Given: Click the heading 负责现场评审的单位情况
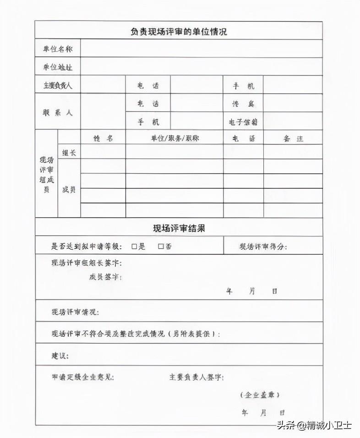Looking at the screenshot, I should [179, 32].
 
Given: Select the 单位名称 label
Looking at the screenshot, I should [57, 49].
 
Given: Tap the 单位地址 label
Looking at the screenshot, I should [57, 67].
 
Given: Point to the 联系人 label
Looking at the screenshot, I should [57, 112].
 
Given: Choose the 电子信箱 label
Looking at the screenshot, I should [243, 122].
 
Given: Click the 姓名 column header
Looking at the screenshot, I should [103, 138].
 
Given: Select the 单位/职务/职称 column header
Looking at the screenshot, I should [175, 138].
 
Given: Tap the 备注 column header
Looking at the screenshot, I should [293, 138].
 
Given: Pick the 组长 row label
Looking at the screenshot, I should [69, 153].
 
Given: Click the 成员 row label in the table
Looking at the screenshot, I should [69, 189].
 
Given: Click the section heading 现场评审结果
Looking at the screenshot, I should [179, 227].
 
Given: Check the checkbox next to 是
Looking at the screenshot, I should [134, 246].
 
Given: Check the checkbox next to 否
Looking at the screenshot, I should [161, 246].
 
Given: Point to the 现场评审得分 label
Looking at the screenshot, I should [263, 247].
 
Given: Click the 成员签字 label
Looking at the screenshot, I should [105, 277].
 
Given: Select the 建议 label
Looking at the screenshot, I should [60, 356].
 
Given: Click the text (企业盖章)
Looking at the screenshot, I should [260, 394].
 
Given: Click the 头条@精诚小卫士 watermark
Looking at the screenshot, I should [314, 426].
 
